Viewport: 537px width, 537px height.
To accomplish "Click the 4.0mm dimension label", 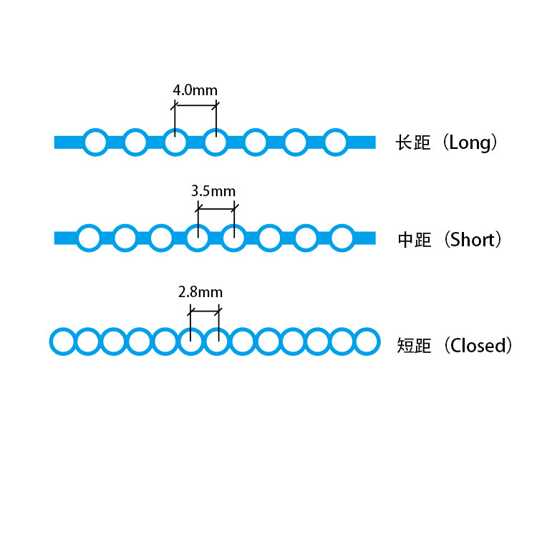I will (195, 91).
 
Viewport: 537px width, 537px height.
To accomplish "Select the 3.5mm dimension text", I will (213, 192).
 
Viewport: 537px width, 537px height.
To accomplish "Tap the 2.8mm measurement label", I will (200, 292).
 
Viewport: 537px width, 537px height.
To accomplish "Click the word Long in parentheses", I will (470, 142).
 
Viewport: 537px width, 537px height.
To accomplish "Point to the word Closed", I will (478, 346).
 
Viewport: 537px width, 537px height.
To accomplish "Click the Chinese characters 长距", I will (413, 142).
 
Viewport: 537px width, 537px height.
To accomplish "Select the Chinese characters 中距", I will (415, 240).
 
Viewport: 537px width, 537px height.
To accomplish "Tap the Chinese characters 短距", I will (414, 346).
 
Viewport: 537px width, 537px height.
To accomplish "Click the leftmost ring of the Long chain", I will (95, 142).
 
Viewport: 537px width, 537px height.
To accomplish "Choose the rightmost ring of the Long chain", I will (335, 142).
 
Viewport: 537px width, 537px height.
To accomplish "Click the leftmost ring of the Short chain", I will (89, 238).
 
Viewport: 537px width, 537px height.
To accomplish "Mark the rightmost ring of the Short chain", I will (342, 238).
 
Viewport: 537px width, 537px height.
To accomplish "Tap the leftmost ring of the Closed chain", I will (62, 341).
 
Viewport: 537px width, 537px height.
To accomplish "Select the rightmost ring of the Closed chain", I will (367, 341).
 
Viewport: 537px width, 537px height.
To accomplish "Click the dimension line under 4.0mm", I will (195, 106).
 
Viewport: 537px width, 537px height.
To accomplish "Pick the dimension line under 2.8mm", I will (205, 310).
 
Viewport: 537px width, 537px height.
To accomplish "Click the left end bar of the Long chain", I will (67, 142).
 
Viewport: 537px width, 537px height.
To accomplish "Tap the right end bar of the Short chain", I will (364, 238).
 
